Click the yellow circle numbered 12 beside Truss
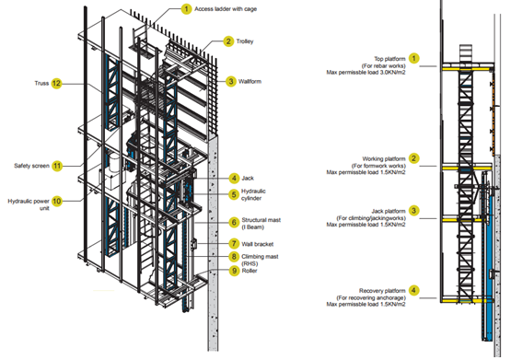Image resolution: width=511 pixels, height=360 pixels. [56, 84]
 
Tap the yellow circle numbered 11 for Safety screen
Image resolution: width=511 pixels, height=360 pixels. [57, 166]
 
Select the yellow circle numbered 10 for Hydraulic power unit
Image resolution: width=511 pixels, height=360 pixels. [57, 201]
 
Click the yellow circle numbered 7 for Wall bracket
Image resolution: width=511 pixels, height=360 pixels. [234, 244]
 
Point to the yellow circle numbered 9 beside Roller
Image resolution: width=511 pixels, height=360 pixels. [234, 271]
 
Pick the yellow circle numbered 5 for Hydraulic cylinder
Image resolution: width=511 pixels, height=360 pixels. [234, 194]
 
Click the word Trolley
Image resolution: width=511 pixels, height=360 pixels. [245, 41]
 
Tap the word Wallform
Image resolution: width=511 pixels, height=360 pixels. [250, 81]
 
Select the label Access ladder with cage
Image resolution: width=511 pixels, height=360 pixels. [226, 9]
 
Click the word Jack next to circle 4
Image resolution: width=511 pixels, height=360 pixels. [248, 179]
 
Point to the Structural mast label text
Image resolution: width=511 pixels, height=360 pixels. [261, 224]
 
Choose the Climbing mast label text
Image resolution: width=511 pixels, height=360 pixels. [260, 260]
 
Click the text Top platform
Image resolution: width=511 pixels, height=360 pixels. [389, 59]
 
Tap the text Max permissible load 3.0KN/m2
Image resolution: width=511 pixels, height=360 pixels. [366, 73]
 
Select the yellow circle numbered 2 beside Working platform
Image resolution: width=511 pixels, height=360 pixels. [414, 158]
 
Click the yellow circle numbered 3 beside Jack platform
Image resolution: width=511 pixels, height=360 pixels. [414, 211]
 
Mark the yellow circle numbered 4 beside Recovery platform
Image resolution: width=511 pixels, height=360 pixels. [414, 290]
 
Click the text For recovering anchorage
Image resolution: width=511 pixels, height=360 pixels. [371, 297]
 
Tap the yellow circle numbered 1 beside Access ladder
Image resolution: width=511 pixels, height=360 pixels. [186, 9]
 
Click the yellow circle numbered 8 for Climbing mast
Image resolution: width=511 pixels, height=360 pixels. [234, 256]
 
